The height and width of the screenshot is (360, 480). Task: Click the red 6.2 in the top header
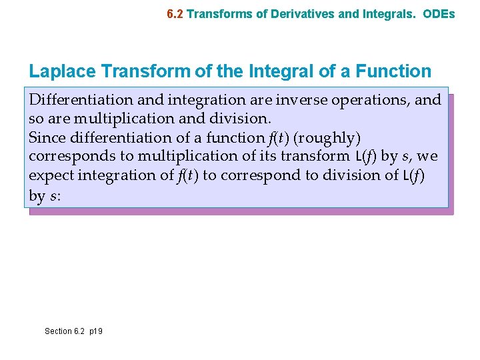pos(175,13)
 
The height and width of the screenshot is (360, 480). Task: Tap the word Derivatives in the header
pos(295,13)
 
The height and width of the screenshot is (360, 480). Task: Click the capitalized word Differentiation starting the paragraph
pos(81,100)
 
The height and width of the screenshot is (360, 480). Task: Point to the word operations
pos(371,100)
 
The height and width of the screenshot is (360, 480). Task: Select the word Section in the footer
pos(58,331)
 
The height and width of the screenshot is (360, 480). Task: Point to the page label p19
pos(95,331)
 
